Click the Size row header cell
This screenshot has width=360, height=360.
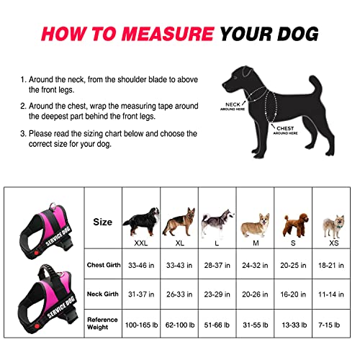click(x=104, y=222)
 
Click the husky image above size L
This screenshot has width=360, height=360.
click(x=216, y=223)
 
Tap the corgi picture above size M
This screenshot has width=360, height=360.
click(x=255, y=225)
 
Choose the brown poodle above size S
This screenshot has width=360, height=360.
click(x=292, y=224)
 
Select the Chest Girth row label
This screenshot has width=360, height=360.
click(x=104, y=266)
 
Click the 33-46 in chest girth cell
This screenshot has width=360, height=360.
click(x=140, y=266)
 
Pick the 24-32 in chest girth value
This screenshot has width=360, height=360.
click(x=255, y=266)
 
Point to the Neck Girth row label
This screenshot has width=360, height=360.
click(x=104, y=294)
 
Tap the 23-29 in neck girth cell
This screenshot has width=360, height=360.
click(x=216, y=294)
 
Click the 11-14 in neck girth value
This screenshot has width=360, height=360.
click(x=331, y=294)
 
